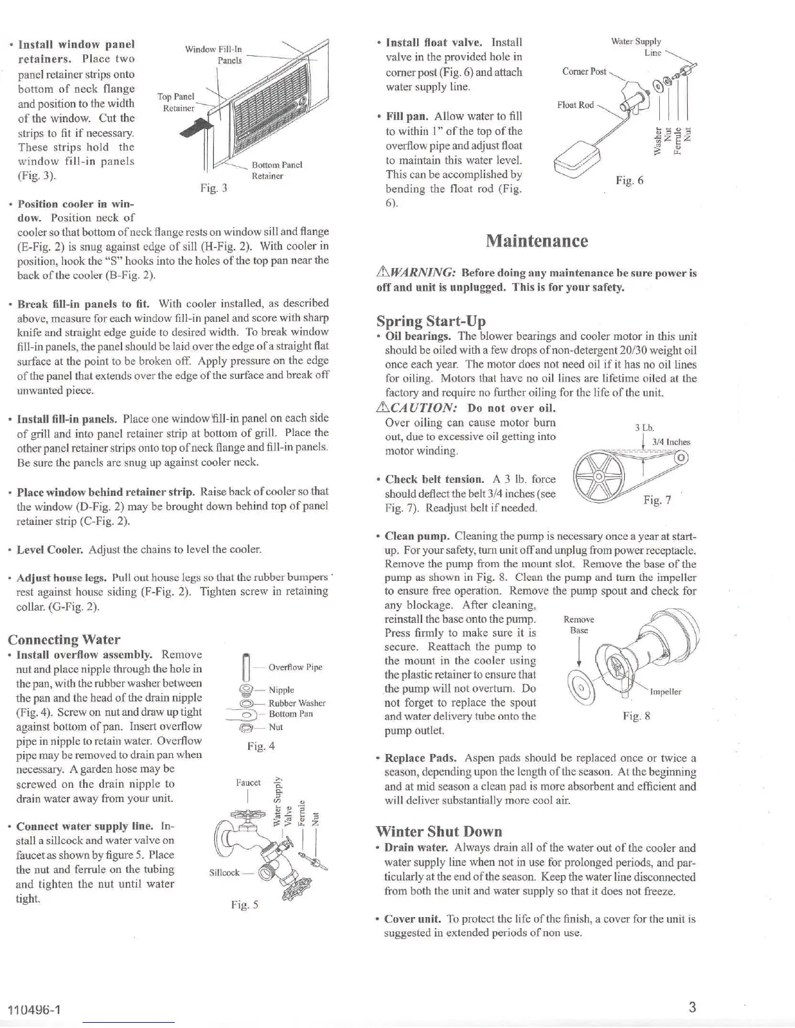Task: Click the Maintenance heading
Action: click(536, 241)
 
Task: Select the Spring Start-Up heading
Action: click(431, 321)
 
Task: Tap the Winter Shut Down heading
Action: click(438, 831)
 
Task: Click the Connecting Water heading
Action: click(64, 639)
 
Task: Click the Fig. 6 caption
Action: click(629, 180)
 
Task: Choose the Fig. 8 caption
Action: click(637, 716)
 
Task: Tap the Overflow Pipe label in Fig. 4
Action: click(295, 667)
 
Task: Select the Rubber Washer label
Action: click(297, 703)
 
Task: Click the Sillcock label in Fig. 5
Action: click(224, 872)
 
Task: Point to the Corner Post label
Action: click(584, 71)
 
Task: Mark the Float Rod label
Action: click(575, 104)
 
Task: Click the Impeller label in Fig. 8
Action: click(665, 692)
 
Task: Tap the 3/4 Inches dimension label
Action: click(671, 442)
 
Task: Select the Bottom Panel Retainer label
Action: click(277, 170)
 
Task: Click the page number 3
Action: click(692, 1007)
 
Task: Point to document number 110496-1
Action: click(34, 1010)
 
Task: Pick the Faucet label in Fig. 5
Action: click(248, 783)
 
